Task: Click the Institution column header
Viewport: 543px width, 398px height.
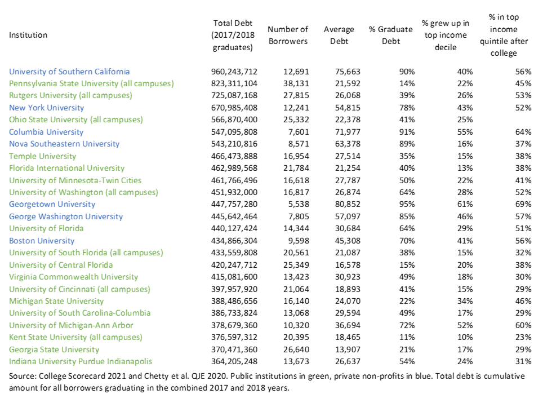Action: (28, 35)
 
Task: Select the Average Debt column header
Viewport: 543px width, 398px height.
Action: (339, 35)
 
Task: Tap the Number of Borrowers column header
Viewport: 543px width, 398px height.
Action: (288, 35)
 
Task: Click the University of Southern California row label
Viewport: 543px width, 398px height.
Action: (69, 72)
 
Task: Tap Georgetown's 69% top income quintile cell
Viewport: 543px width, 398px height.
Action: (524, 205)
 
